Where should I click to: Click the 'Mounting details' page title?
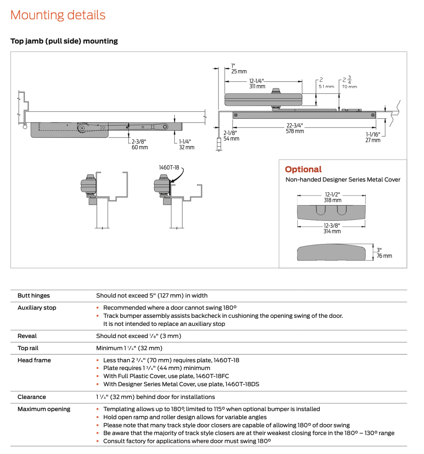[58, 15]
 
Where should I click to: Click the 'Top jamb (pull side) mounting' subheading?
[64, 41]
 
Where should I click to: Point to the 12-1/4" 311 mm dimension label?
[257, 84]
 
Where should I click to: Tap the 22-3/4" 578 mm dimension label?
[295, 128]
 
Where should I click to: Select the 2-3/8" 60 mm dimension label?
[139, 144]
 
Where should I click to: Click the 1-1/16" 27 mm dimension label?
[373, 137]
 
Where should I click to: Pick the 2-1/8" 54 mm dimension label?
[231, 135]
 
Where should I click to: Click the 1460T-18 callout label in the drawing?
[169, 167]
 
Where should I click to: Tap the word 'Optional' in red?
[303, 169]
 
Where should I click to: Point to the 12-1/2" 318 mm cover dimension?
[332, 197]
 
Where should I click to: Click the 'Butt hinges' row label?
[34, 296]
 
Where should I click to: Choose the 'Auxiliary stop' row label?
[37, 308]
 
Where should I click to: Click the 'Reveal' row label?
[27, 336]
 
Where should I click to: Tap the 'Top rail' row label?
[28, 348]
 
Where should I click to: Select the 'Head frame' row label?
[34, 360]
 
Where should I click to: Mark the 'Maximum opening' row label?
[44, 409]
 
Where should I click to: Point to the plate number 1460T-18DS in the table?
[242, 384]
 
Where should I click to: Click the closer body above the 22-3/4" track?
[263, 99]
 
